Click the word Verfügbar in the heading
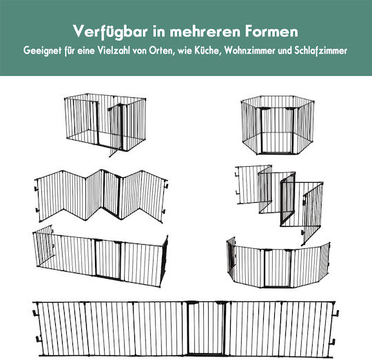tap(110, 32)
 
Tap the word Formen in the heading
tap(271, 31)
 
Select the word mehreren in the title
tap(205, 32)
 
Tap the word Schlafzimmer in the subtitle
tap(321, 51)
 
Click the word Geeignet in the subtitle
tap(42, 51)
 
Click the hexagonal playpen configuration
tap(278, 125)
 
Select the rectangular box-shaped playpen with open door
tap(105, 125)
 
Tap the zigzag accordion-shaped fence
tap(101, 196)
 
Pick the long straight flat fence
tap(186, 330)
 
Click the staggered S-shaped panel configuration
tap(280, 204)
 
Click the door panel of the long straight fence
tap(205, 328)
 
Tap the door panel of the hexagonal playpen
tap(277, 130)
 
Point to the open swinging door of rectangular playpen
tap(116, 130)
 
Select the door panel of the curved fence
tap(278, 268)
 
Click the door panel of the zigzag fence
tap(112, 194)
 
